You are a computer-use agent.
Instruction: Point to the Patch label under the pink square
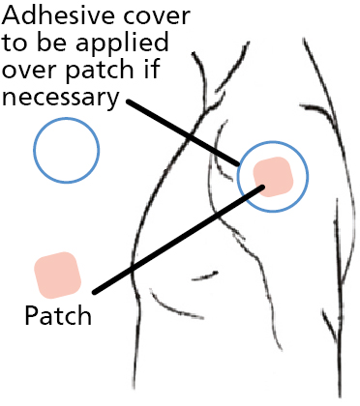pyautogui.click(x=57, y=316)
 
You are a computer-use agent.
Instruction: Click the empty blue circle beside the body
pyautogui.click(x=66, y=150)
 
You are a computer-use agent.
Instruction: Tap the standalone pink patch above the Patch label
pyautogui.click(x=57, y=274)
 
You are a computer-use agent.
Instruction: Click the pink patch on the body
pyautogui.click(x=274, y=176)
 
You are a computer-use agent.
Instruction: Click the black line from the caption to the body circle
pyautogui.click(x=184, y=130)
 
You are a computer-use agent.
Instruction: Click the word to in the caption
pyautogui.click(x=19, y=45)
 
